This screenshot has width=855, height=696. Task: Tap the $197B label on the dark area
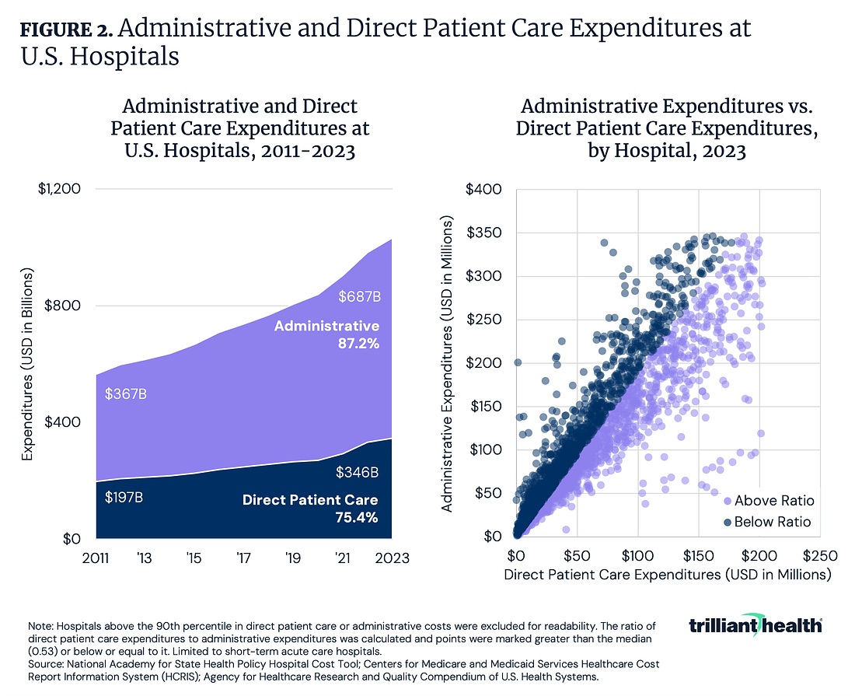(x=124, y=495)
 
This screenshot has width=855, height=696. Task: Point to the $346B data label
(x=357, y=471)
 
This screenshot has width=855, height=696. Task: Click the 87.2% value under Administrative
(x=358, y=343)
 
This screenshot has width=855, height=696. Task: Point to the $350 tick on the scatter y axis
(x=485, y=233)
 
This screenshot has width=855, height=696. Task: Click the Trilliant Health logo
(x=755, y=625)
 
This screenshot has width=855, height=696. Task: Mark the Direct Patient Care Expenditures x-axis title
(x=668, y=575)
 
